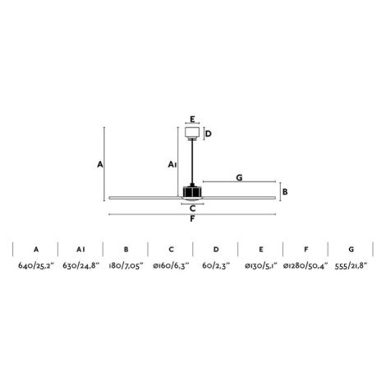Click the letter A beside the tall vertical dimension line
tap(100, 164)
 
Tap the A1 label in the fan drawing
tap(172, 164)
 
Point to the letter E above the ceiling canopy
tap(192, 119)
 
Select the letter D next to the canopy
tap(209, 134)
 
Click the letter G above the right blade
tap(239, 177)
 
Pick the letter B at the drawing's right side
tap(285, 191)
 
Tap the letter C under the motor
tap(193, 209)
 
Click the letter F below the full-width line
tap(192, 219)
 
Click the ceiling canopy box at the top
tap(192, 132)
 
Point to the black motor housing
tap(192, 191)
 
